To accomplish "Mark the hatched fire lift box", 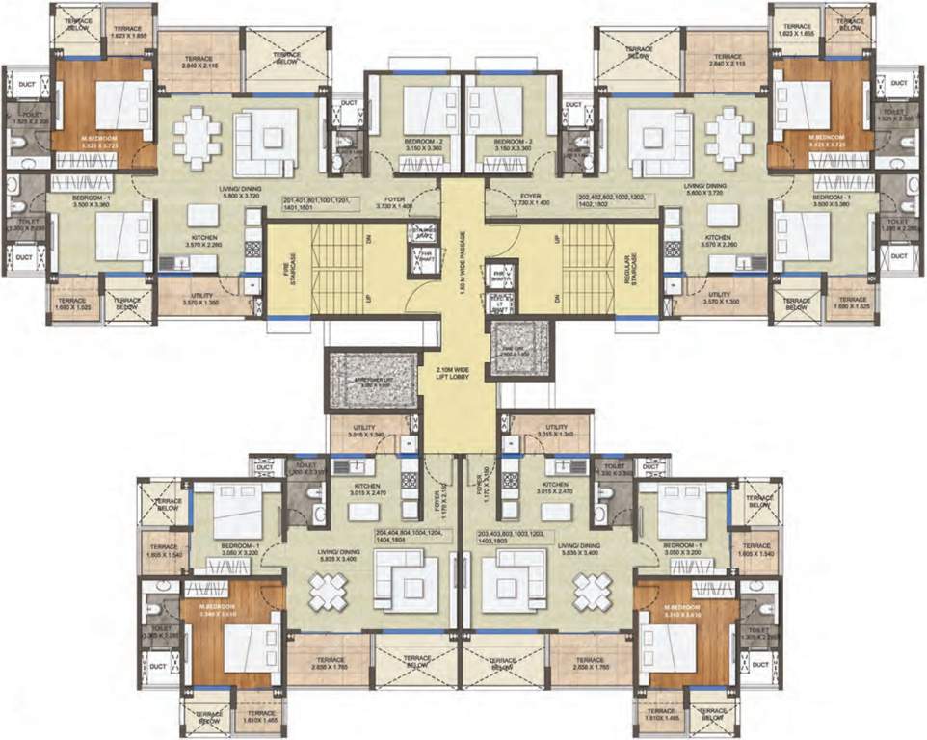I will click(x=520, y=340).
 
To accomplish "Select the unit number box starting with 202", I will click(x=614, y=204).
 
